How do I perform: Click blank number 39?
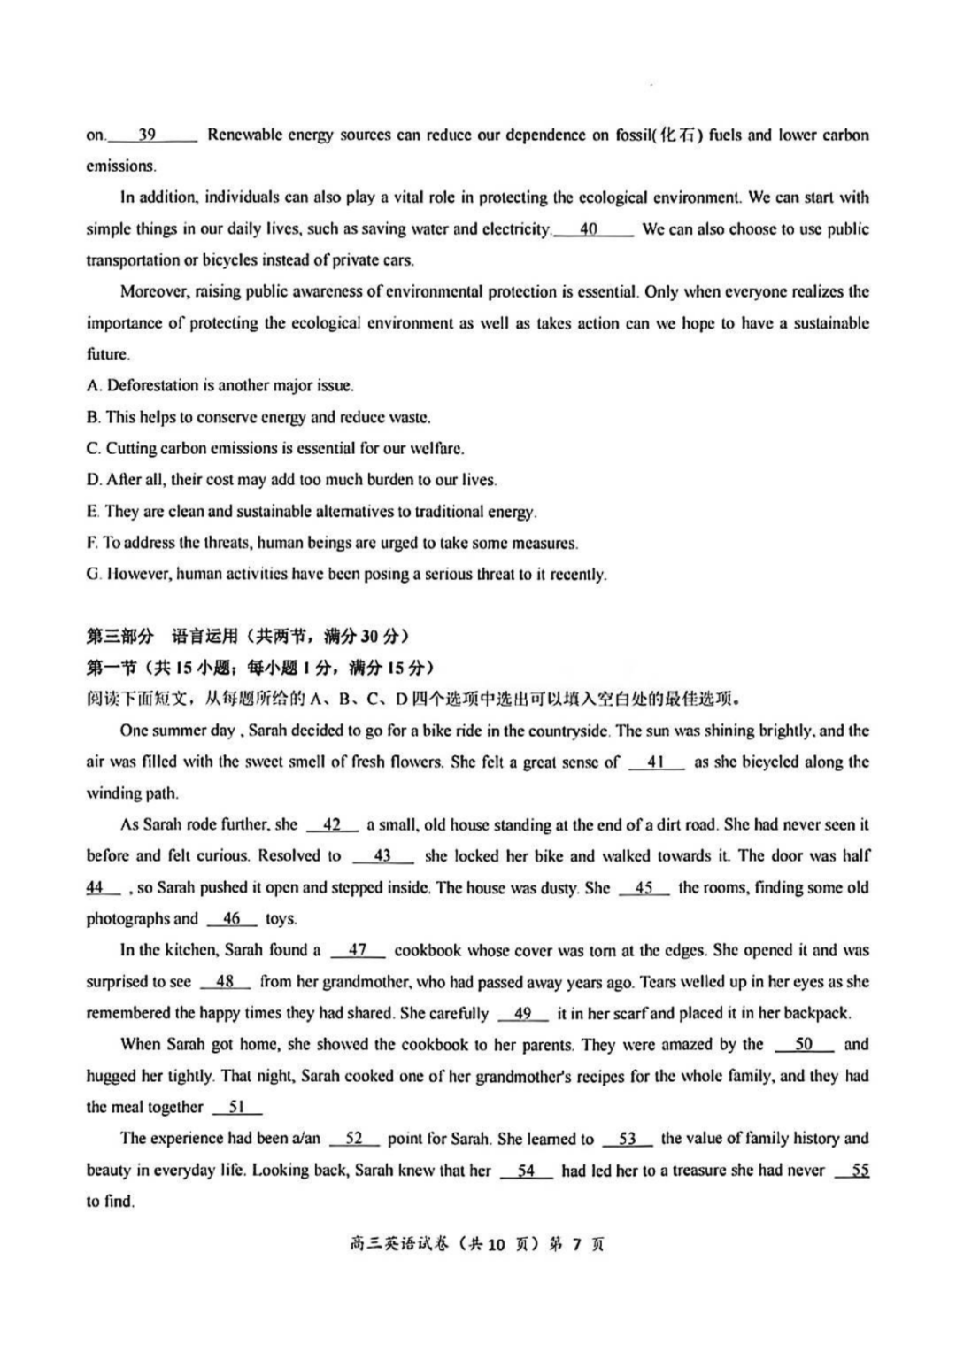coord(148,135)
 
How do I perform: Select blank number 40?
coord(590,229)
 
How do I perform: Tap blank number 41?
coord(656,762)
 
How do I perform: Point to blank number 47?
coord(358,950)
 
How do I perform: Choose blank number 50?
coord(804,1045)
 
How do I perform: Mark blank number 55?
coord(860,1171)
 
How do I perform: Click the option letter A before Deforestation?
coord(92,386)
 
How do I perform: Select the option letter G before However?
coord(92,575)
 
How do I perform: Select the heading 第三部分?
coord(119,636)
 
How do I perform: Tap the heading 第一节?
coord(111,668)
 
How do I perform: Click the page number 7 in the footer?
coord(575,1245)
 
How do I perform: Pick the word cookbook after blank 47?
coord(428,950)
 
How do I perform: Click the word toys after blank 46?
coord(281,919)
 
